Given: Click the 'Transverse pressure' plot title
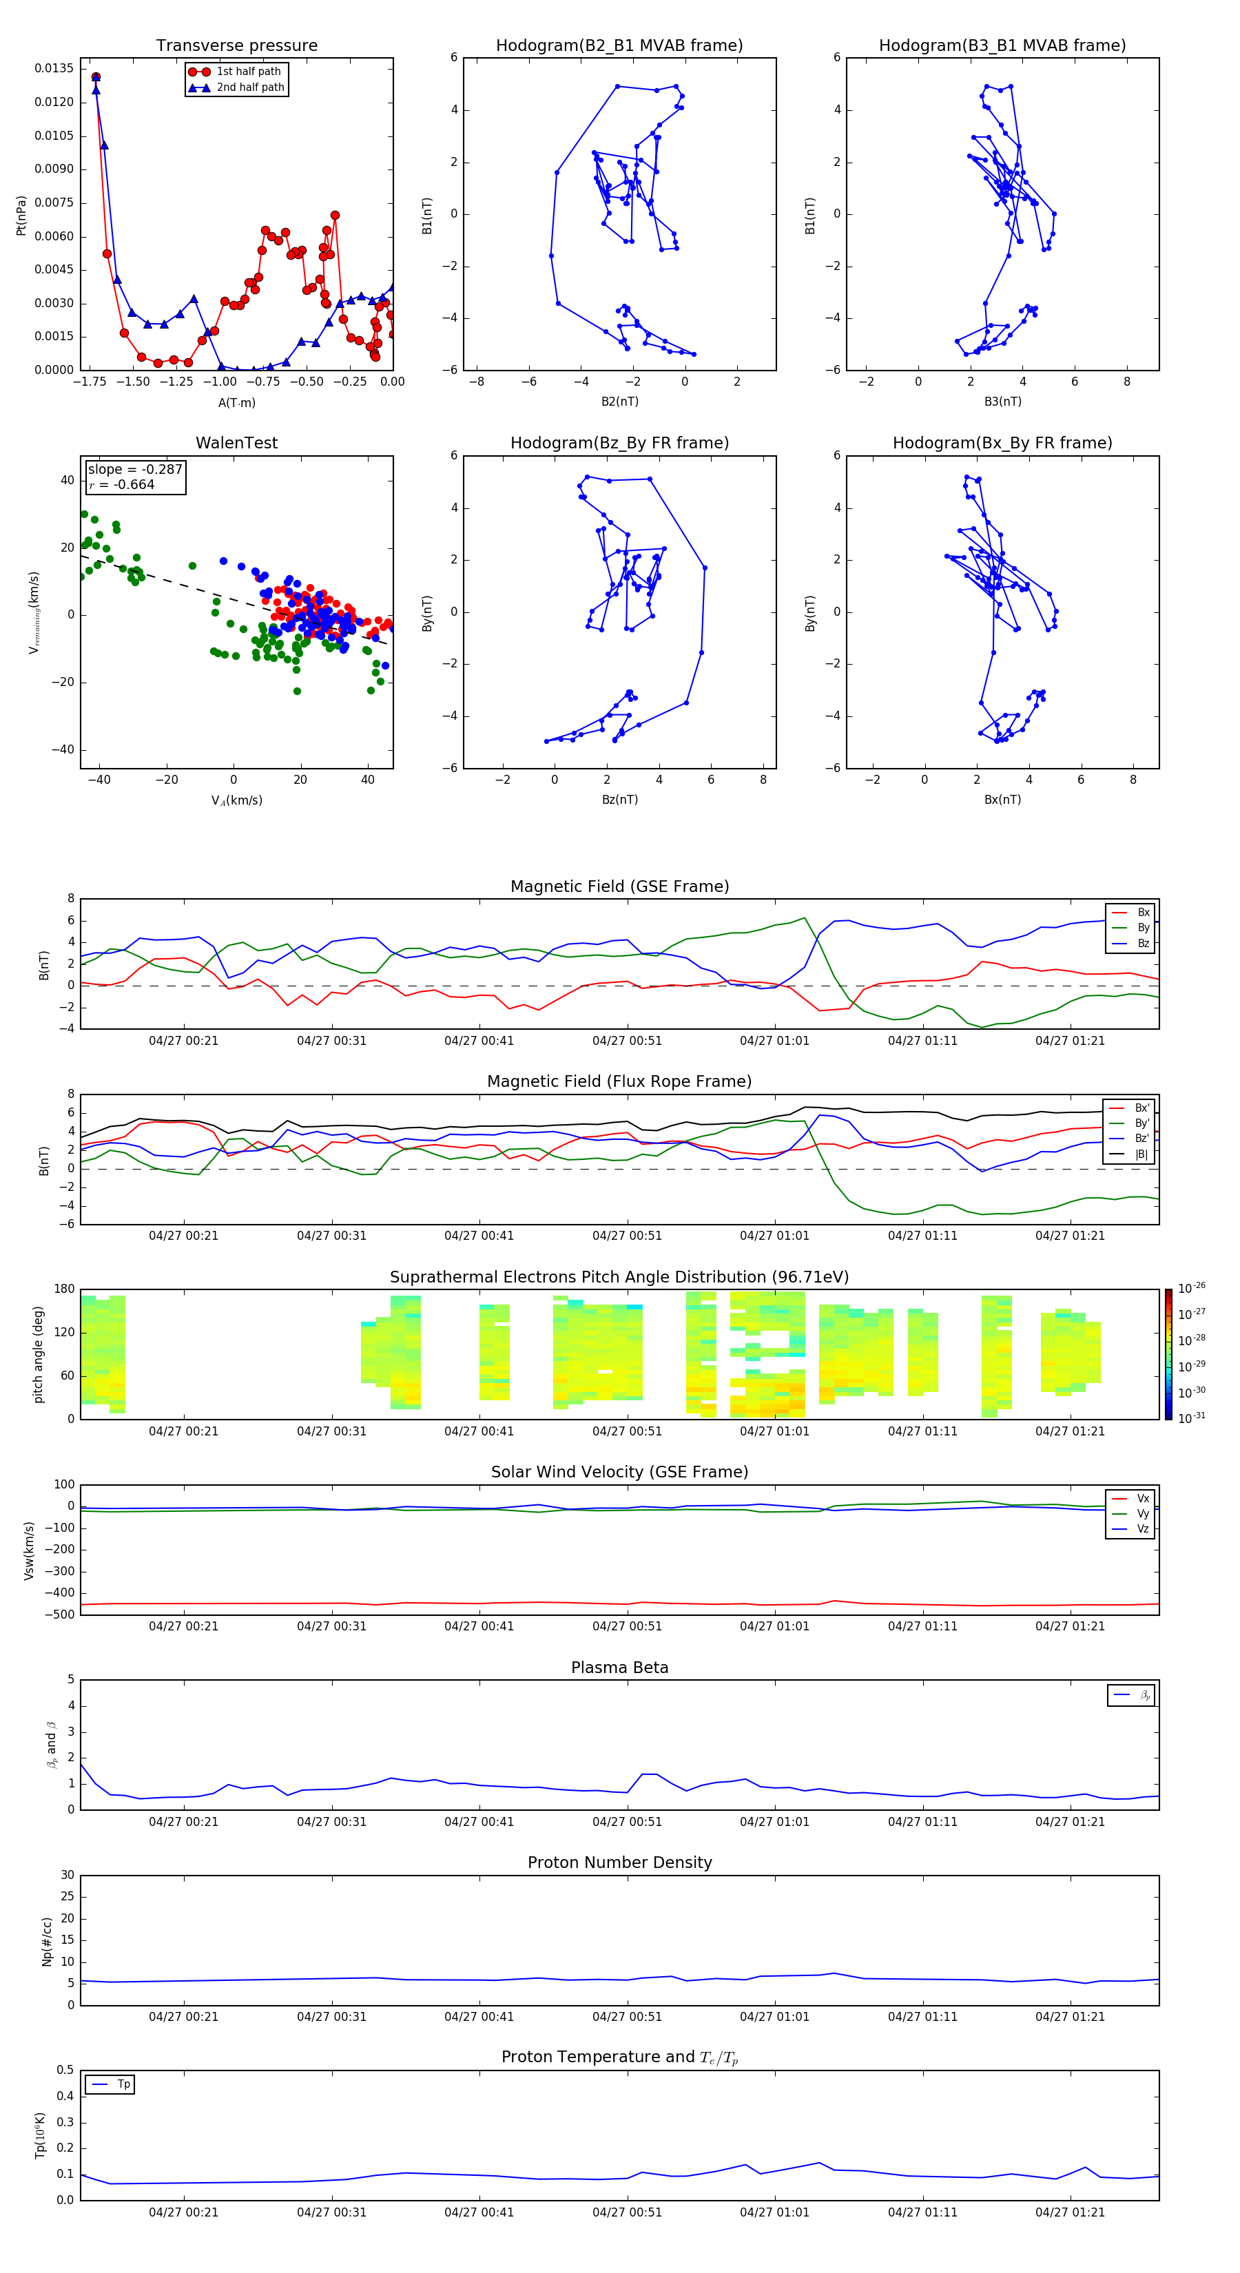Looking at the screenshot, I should (236, 46).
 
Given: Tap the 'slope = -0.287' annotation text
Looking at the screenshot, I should (135, 470).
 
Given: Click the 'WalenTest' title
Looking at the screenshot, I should (236, 443).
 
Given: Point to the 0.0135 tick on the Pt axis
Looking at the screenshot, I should (54, 69).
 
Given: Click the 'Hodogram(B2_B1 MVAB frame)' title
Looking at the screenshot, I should (619, 46).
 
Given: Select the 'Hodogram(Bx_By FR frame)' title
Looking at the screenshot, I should (1002, 443).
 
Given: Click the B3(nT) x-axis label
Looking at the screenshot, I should (1002, 402).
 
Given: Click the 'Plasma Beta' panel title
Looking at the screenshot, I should (619, 1668).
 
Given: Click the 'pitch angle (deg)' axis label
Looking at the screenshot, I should (39, 1354).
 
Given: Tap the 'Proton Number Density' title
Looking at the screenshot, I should (619, 1862).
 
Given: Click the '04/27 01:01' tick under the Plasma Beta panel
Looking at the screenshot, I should (774, 1821).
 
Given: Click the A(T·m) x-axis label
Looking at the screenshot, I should (236, 403).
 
